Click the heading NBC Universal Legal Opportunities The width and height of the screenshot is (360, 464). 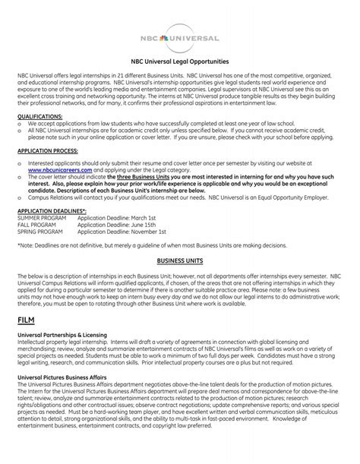point(180,61)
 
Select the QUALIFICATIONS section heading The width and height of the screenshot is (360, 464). point(41,116)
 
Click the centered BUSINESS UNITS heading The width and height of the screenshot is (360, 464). point(180,259)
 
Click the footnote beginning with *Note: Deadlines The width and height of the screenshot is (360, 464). point(152,245)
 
